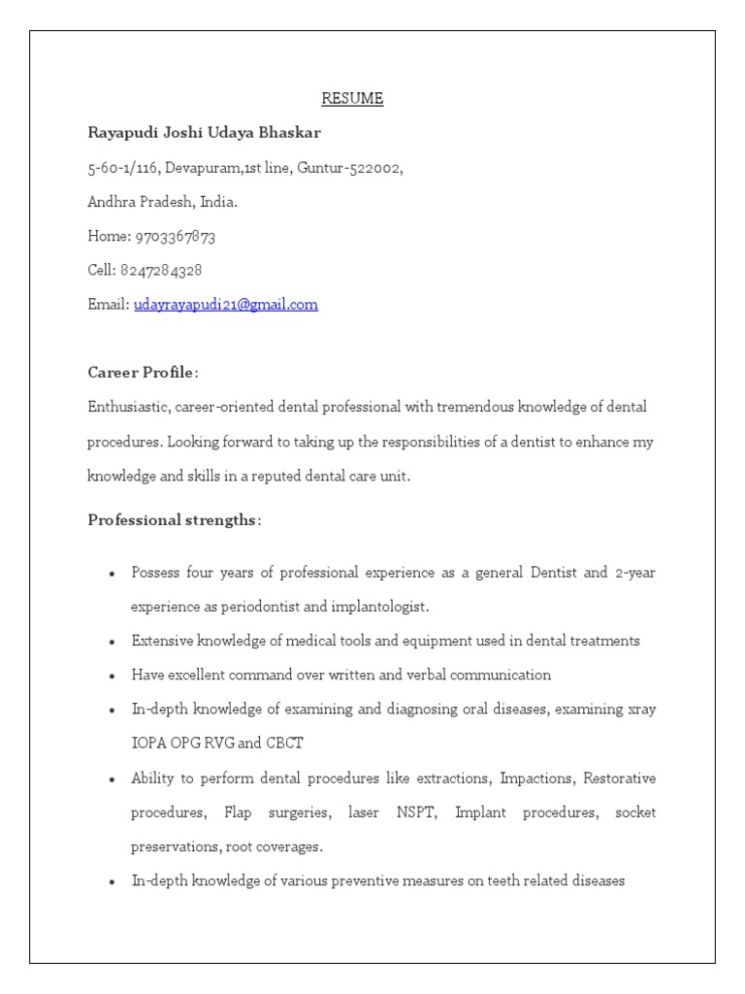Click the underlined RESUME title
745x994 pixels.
(353, 98)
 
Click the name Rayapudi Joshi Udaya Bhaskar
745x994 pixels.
(204, 132)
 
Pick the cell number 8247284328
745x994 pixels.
(161, 270)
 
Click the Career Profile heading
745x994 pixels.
(142, 373)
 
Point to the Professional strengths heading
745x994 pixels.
(173, 520)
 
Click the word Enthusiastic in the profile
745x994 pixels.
(126, 407)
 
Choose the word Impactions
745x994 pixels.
(534, 779)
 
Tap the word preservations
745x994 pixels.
(175, 846)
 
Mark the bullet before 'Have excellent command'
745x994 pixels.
(113, 676)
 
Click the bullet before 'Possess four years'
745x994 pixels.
(113, 574)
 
